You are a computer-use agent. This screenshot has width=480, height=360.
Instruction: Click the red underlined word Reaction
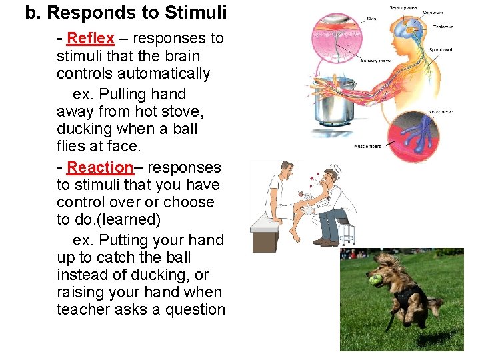[x=100, y=167]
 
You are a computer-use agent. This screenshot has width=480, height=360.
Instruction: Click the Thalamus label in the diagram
[x=442, y=27]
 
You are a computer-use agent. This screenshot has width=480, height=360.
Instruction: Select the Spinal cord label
[x=440, y=49]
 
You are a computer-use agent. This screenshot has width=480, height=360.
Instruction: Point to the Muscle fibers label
[x=367, y=146]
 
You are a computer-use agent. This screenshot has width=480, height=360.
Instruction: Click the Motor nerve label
[x=441, y=111]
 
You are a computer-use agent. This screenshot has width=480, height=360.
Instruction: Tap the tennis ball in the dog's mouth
[x=376, y=281]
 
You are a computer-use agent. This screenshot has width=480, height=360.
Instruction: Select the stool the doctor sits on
[x=344, y=230]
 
